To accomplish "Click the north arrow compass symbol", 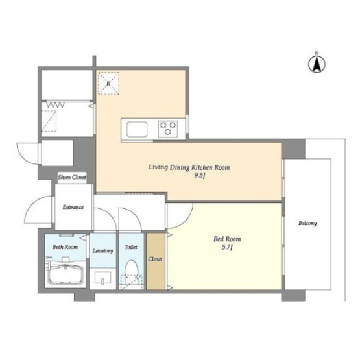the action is [317, 64].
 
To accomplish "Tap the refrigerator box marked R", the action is [108, 83].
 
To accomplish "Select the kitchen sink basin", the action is [137, 130].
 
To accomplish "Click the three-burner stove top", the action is [168, 129].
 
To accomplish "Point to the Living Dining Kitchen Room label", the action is [189, 167].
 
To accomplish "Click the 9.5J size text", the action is [200, 176].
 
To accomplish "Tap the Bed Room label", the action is [227, 239].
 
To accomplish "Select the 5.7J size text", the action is [227, 248].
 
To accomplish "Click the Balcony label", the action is [307, 223].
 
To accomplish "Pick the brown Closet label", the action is [155, 259].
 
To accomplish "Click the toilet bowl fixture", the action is [132, 270].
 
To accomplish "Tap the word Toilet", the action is [131, 247].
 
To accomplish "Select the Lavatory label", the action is [102, 251].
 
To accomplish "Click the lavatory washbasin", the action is [103, 277].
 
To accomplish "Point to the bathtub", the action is [66, 275].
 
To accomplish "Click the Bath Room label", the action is [65, 247].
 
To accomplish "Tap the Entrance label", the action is [73, 207].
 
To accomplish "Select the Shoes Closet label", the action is [72, 177].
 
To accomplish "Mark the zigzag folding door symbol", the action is [56, 105].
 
